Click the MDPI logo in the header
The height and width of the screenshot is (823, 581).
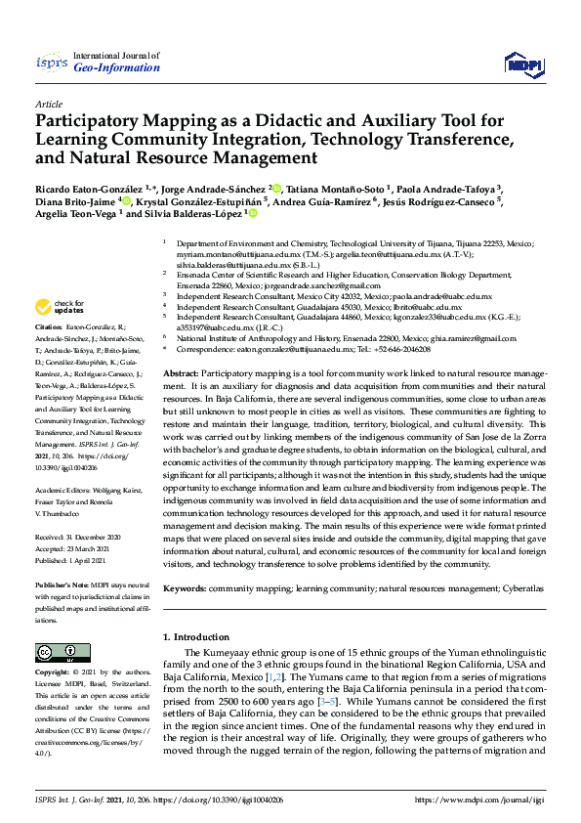point(523,65)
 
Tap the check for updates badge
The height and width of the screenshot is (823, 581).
point(59,307)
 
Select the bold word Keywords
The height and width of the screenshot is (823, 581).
point(185,589)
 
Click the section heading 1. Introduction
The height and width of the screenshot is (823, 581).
point(195,637)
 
